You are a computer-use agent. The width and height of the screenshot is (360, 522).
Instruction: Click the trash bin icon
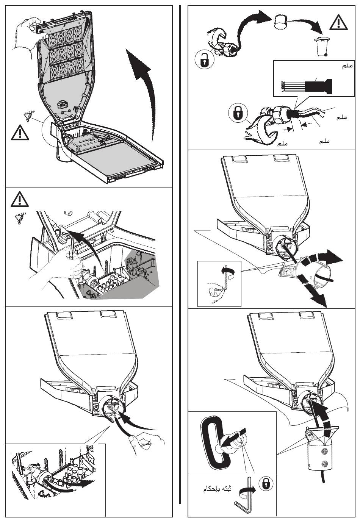(x=321, y=47)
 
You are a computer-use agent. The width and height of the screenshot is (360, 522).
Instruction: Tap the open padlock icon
(x=205, y=60)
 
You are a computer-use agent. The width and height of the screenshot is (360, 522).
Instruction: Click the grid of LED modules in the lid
(x=65, y=53)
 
